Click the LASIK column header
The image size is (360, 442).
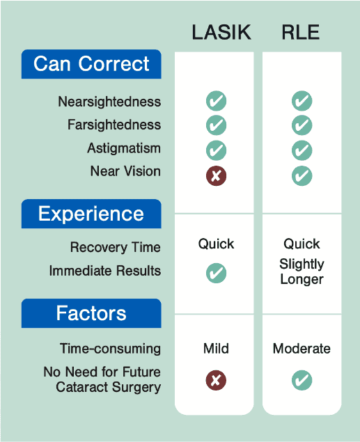point(221,32)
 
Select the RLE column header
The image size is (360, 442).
point(301,32)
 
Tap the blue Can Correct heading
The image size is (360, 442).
point(91,64)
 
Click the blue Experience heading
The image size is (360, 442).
point(91,214)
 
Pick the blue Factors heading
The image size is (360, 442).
point(91,313)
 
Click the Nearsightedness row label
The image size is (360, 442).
point(109,102)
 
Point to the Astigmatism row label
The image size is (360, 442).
point(124,148)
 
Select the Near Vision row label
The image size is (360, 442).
point(125,171)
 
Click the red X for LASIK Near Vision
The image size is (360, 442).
point(217,176)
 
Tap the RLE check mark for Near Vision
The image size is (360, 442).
point(302,176)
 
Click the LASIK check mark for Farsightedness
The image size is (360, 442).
point(217,125)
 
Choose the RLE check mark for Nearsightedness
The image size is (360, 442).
point(302,101)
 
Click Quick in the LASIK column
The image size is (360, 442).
point(217,244)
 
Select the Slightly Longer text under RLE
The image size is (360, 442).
point(302,271)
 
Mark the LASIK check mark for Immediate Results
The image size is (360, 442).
point(217,273)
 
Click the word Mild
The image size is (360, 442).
point(217,349)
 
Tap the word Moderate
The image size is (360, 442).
point(302,349)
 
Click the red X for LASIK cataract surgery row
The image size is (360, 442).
point(217,380)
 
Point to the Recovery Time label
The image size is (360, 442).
point(116,247)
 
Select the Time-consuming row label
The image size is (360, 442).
point(110,349)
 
